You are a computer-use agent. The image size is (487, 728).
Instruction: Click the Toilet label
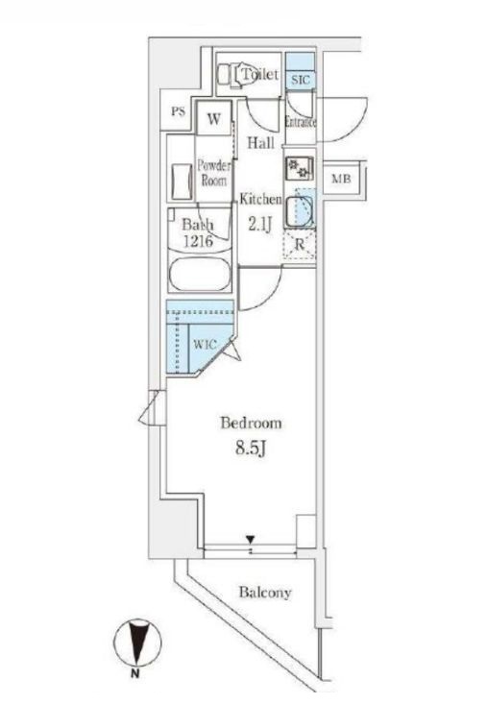tap(260, 75)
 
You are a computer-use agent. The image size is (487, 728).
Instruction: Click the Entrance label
tap(301, 123)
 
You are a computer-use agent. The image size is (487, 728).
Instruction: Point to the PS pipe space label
tap(178, 111)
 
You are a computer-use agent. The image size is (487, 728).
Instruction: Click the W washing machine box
tap(214, 120)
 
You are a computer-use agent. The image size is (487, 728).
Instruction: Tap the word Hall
tap(260, 143)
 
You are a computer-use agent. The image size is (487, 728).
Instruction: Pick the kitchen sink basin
tap(300, 210)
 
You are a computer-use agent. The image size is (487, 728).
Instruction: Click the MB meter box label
tap(340, 180)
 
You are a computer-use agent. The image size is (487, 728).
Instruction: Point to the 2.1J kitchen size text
tap(259, 225)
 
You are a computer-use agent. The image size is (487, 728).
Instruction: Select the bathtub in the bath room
tap(199, 279)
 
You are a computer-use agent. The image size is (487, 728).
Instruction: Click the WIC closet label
tap(205, 343)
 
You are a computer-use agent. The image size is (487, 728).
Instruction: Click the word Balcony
tap(264, 593)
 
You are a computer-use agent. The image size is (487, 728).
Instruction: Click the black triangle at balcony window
tap(251, 541)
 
